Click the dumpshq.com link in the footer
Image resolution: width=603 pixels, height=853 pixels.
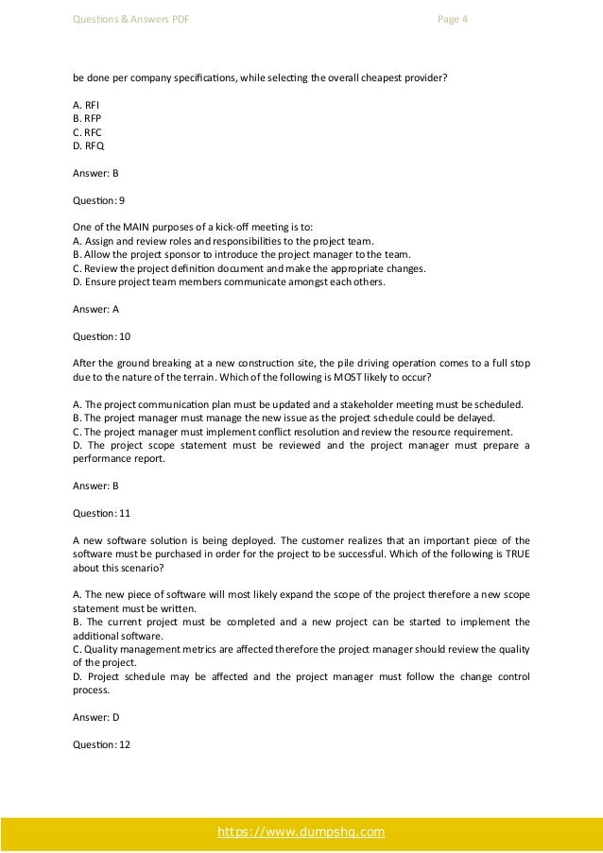click(x=301, y=831)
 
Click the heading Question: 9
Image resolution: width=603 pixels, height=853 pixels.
click(x=97, y=200)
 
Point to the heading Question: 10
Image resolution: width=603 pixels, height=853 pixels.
click(x=99, y=335)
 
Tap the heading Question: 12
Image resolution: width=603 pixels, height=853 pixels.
click(x=99, y=743)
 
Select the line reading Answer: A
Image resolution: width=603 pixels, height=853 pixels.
click(x=95, y=308)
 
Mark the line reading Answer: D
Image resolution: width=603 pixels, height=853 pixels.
click(x=95, y=717)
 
